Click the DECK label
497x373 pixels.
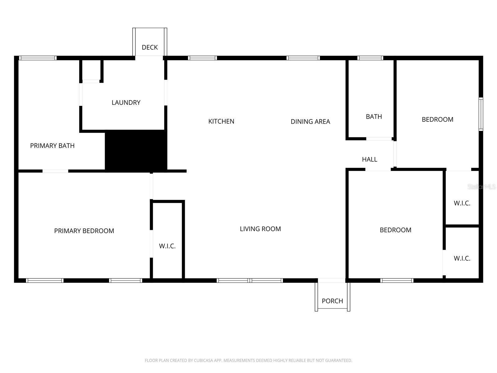coord(150,47)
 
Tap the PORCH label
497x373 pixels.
coord(332,301)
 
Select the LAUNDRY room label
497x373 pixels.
coord(126,102)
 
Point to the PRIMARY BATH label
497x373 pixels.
coord(52,145)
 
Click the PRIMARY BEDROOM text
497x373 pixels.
coord(84,231)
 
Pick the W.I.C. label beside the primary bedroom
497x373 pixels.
coord(167,246)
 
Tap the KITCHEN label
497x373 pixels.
coord(221,121)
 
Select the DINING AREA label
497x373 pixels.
coord(310,122)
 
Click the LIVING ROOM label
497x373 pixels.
coord(260,229)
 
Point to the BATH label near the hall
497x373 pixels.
coord(374,117)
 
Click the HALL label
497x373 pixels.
coord(369,159)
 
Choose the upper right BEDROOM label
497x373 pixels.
coord(437,119)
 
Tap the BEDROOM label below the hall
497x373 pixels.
coord(395,230)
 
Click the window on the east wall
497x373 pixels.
coord(481,114)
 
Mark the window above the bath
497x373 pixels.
coord(370,58)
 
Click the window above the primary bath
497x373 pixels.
coord(38,58)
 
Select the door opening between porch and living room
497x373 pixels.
coord(331,280)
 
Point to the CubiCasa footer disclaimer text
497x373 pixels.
coord(248,361)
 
